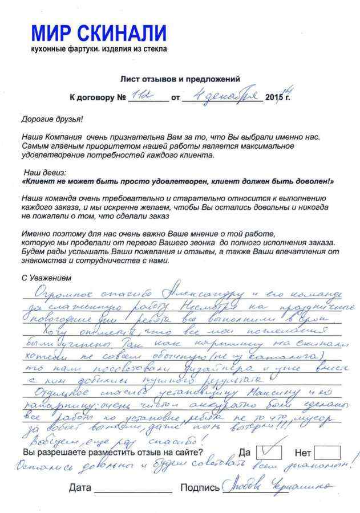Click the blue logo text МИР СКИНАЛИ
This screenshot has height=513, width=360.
tap(99, 33)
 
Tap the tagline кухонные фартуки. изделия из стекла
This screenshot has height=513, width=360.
tap(99, 50)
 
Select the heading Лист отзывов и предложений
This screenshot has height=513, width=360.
tap(180, 79)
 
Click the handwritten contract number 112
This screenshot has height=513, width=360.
tap(139, 96)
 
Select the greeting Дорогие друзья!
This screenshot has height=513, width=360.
tap(52, 119)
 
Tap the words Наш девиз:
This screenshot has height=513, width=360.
tap(45, 172)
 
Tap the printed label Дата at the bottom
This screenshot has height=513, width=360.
tap(80, 488)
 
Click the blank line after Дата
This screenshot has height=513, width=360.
tap(132, 490)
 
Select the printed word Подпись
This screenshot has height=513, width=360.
tap(199, 488)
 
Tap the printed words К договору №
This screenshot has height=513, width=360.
tap(97, 97)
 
